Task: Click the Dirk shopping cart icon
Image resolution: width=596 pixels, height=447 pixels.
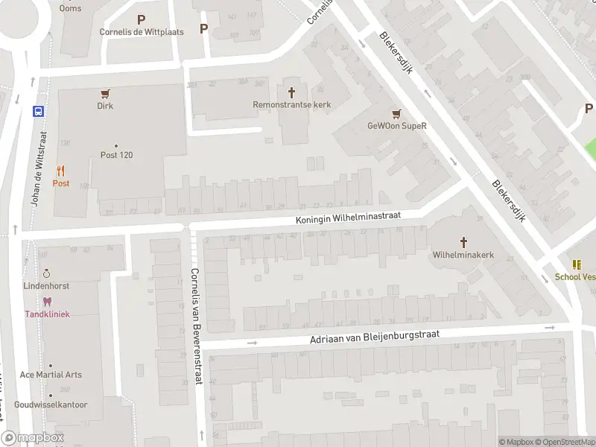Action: coord(105,94)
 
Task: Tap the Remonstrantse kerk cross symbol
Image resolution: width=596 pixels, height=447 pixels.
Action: coord(291,92)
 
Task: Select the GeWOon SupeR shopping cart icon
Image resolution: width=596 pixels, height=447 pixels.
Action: coord(396,113)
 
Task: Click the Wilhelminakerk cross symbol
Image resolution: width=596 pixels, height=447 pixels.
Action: coord(463,241)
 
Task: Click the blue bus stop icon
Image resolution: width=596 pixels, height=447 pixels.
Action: coord(38,111)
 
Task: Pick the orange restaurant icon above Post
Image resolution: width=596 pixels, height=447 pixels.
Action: coord(60,171)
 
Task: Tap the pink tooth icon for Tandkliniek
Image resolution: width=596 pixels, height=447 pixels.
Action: coord(47,302)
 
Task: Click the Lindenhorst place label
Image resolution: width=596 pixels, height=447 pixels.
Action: coord(46,286)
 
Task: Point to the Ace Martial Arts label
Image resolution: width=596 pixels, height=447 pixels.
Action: coord(51,375)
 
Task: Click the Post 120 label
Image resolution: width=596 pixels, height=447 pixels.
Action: coord(116,155)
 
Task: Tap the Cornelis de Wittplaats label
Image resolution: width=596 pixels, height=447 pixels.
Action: coord(142,32)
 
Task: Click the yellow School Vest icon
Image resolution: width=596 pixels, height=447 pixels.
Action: coord(577,264)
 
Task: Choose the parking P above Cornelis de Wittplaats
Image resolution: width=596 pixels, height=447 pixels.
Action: coord(142,19)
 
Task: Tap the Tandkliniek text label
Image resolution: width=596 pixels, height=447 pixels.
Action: coord(47,314)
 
